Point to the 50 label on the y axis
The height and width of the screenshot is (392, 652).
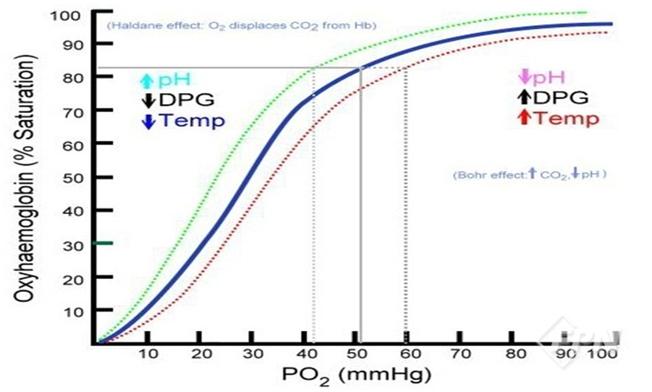tap(72, 177)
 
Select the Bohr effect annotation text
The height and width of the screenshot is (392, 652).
tap(529, 175)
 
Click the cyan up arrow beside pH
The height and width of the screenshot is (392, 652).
tap(147, 81)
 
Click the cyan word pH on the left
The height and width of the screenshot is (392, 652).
tap(170, 81)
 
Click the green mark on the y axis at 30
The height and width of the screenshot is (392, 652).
tap(104, 243)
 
